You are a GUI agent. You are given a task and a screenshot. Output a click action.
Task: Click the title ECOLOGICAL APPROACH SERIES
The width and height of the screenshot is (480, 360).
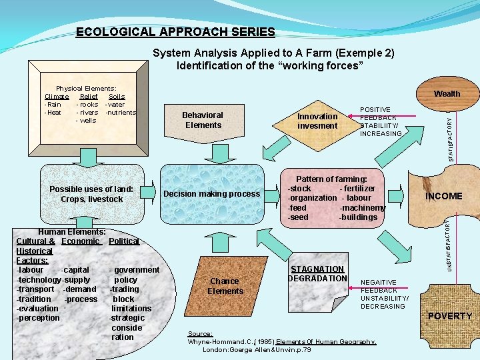pyautogui.click(x=175, y=32)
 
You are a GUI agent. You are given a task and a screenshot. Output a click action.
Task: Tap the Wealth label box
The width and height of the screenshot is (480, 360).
pyautogui.click(x=447, y=93)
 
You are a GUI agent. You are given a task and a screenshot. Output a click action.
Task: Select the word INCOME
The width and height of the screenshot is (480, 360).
pyautogui.click(x=443, y=196)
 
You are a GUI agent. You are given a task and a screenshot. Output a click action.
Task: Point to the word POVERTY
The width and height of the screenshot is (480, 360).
pyautogui.click(x=449, y=316)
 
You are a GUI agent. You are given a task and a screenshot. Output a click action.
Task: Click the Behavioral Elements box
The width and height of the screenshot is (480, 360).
pyautogui.click(x=203, y=120)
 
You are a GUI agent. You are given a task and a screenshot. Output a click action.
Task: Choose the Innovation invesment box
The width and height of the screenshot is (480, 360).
pyautogui.click(x=317, y=121)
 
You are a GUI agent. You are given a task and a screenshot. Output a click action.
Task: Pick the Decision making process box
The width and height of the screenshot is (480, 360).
pyautogui.click(x=211, y=194)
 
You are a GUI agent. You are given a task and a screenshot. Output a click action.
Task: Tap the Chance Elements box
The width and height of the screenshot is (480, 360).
pyautogui.click(x=225, y=286)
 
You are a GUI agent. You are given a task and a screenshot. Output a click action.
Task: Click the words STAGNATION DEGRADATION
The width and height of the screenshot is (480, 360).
pyautogui.click(x=317, y=274)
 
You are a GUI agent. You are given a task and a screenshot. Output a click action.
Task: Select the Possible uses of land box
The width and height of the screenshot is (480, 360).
pyautogui.click(x=91, y=194)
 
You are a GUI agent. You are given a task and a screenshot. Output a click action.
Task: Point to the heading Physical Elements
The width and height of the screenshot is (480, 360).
pyautogui.click(x=86, y=88)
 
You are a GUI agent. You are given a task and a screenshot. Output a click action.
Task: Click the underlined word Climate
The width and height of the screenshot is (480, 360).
pyautogui.click(x=56, y=97)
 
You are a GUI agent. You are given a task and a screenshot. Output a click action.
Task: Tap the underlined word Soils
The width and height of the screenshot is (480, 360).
pyautogui.click(x=117, y=97)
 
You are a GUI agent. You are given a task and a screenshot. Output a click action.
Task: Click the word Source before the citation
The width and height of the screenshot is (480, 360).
pyautogui.click(x=200, y=333)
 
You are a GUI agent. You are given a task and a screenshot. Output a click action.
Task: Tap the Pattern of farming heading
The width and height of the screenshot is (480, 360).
pyautogui.click(x=331, y=179)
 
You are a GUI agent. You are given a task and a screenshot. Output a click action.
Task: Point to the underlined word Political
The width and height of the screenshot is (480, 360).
pyautogui.click(x=123, y=241)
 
